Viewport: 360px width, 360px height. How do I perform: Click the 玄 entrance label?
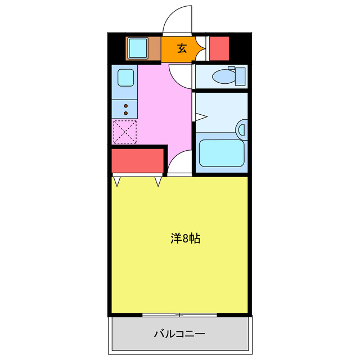(x=182, y=48)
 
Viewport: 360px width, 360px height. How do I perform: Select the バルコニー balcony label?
(x=180, y=334)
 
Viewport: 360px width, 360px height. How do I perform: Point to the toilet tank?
(x=240, y=75)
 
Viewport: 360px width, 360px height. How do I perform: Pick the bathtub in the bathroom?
(x=221, y=153)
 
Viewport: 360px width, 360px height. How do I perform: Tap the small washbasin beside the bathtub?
(x=242, y=130)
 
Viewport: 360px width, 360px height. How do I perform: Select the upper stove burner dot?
(x=126, y=105)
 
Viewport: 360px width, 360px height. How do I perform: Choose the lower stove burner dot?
(x=126, y=112)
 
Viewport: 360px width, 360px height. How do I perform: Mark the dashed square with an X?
(x=124, y=132)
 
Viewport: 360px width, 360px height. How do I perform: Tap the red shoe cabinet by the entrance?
(x=219, y=48)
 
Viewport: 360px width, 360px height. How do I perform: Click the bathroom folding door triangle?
(x=200, y=116)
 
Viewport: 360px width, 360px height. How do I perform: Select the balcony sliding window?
(x=179, y=314)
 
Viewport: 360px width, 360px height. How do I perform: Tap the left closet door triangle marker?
(x=118, y=182)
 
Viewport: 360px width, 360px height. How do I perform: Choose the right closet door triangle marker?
(x=159, y=182)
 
